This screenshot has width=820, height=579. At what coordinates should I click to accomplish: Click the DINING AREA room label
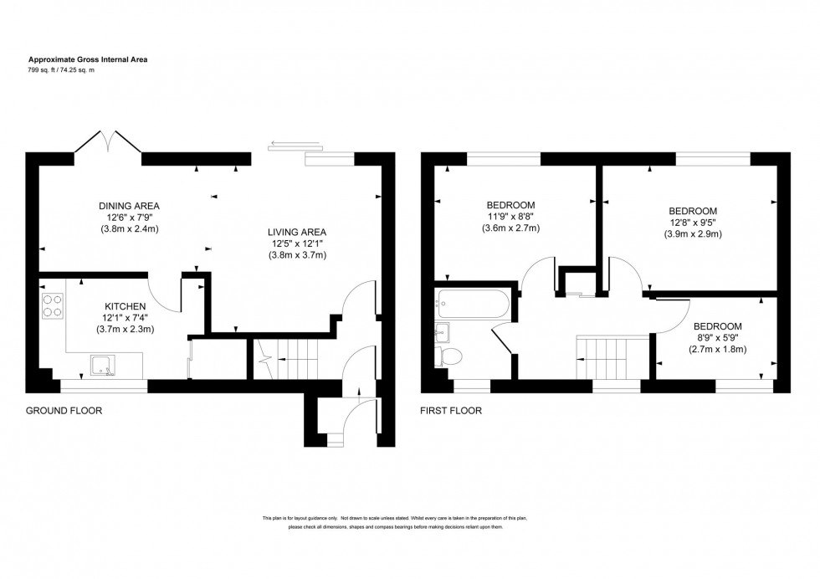129,206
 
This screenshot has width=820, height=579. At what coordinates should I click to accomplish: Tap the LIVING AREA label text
296,232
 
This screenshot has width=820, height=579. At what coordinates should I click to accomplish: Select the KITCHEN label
126,306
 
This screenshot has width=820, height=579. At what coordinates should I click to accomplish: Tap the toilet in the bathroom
448,357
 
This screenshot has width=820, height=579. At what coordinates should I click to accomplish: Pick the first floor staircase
612,357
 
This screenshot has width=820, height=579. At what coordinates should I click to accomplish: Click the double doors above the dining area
108,142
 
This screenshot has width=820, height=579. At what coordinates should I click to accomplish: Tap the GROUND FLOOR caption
64,411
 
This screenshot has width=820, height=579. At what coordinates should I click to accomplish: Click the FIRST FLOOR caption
452,411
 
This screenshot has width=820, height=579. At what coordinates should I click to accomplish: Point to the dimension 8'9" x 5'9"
716,338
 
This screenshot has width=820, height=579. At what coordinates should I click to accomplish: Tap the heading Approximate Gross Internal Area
89,59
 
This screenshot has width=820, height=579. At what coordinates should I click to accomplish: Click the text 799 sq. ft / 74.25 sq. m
74,70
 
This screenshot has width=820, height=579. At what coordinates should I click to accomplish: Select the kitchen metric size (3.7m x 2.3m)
126,329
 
